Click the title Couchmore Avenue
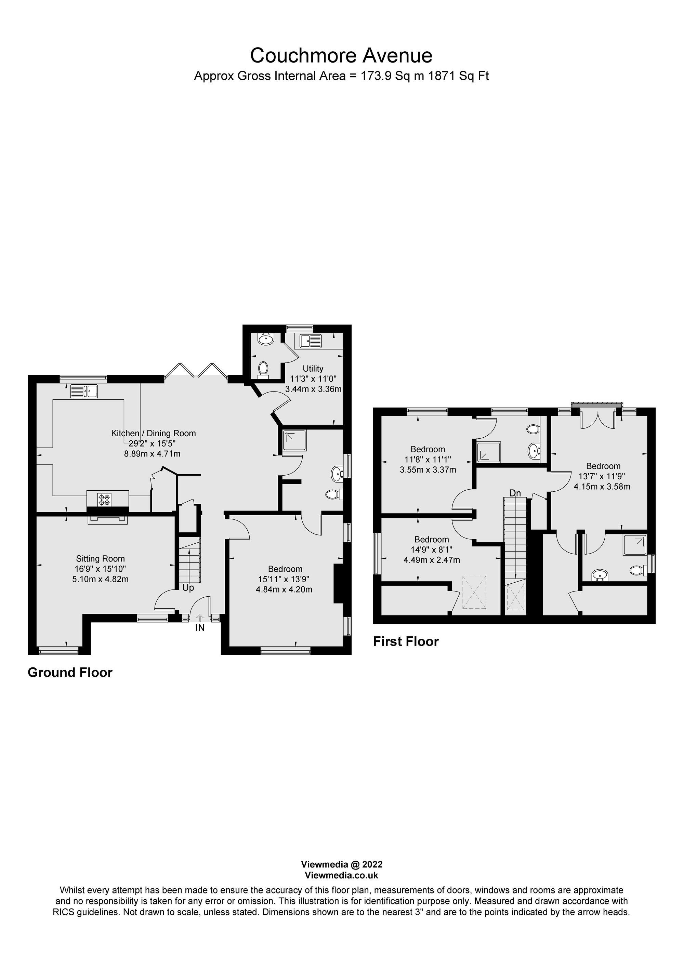[341, 55]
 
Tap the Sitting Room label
[100, 559]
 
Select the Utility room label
[313, 369]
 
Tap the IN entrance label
[199, 628]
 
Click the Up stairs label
[188, 588]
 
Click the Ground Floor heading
[70, 673]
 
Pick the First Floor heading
[406, 642]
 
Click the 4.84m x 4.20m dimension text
[284, 589]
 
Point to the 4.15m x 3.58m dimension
[602, 487]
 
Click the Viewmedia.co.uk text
[341, 875]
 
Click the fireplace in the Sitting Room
[107, 519]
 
